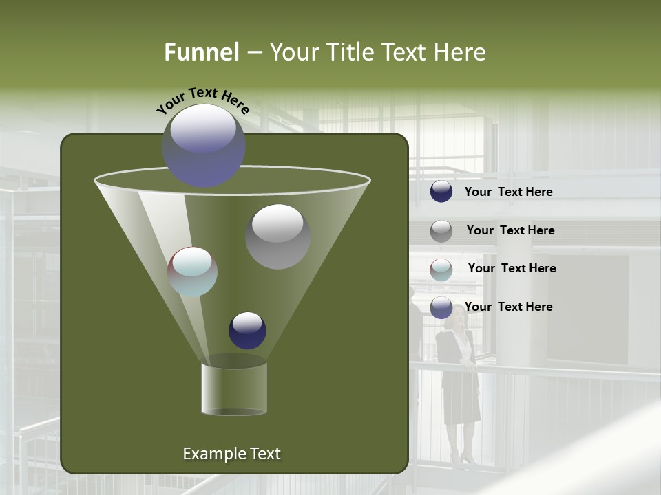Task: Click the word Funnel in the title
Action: [202, 52]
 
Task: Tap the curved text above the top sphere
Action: [203, 100]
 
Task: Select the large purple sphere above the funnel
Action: [203, 146]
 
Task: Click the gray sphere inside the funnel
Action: [277, 236]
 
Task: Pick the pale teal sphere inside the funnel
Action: [193, 272]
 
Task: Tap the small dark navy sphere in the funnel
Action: [247, 330]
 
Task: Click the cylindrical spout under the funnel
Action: [234, 388]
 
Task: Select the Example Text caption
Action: [231, 454]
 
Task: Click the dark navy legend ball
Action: [441, 192]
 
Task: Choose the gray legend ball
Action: [441, 231]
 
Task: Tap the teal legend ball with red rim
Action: [441, 269]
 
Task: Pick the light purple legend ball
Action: [441, 307]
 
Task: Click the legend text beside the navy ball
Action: [508, 192]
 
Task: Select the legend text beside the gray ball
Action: [510, 231]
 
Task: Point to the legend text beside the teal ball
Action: [512, 269]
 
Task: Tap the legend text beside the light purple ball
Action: [508, 307]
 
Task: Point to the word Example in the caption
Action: [214, 454]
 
